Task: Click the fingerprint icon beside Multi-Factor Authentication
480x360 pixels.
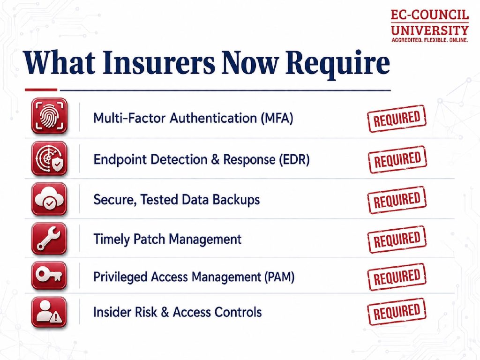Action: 49,116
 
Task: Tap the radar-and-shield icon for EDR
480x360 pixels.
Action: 49,158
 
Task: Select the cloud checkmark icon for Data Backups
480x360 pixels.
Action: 49,199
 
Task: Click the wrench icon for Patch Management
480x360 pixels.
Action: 49,239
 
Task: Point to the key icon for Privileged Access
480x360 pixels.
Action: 49,276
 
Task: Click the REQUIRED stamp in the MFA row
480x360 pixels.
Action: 397,119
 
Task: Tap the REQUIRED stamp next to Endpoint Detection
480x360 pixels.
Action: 397,159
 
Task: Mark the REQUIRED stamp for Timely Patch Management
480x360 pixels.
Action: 397,240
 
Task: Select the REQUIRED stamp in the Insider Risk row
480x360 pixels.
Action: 397,312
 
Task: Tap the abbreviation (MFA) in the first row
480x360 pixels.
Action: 277,118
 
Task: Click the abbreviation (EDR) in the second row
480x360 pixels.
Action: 294,159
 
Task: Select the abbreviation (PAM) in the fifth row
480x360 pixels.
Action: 278,277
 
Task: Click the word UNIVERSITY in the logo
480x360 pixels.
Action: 430,30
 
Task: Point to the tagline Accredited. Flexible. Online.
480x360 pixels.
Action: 430,40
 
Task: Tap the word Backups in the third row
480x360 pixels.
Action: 236,200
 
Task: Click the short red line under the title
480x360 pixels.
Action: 41,90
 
